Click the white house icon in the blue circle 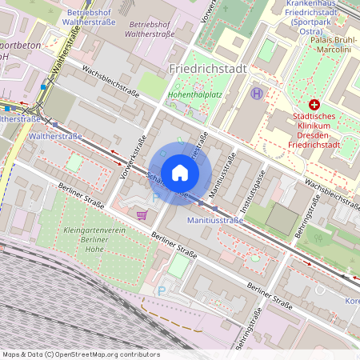coord(180,173)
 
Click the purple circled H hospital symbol coord(256,93)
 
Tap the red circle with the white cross coord(314,105)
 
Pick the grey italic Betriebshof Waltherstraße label coord(153,30)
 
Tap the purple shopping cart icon coord(142,214)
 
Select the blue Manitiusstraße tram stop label coord(214,219)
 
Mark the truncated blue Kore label coord(351,301)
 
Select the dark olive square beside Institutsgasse coord(281,218)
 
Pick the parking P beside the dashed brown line coord(162,291)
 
